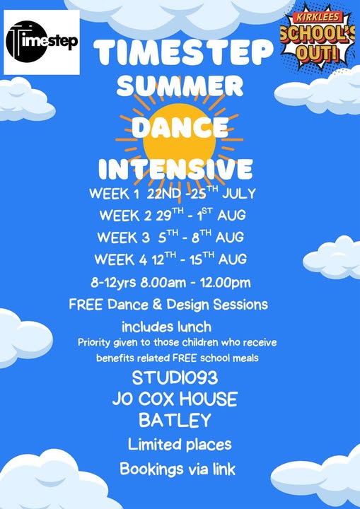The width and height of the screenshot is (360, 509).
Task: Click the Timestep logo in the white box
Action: tap(42, 42)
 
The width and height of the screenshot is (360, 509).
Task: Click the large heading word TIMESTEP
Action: tap(183, 52)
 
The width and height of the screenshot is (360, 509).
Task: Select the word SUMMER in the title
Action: tap(180, 86)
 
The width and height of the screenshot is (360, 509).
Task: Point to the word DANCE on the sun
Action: tap(180, 127)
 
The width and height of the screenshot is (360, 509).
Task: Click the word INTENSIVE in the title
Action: tap(175, 168)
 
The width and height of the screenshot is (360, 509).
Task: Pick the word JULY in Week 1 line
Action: tap(239, 194)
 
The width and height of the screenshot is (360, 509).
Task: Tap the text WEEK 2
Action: tap(125, 216)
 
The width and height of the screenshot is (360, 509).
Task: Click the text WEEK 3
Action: tap(123, 238)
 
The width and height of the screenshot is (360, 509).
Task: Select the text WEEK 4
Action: tap(121, 259)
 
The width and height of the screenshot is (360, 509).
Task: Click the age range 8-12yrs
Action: tap(113, 282)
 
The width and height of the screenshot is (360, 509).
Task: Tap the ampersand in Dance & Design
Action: tap(158, 305)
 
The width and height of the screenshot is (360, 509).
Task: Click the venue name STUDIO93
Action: tap(175, 378)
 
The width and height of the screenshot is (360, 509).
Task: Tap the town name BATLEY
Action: tap(175, 420)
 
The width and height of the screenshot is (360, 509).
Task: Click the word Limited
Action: tap(153, 444)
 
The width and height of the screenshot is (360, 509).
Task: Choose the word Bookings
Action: tap(151, 469)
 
